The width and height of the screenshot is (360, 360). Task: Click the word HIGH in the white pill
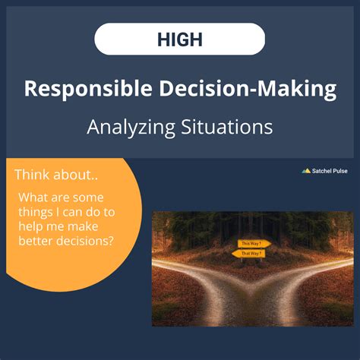(x=180, y=39)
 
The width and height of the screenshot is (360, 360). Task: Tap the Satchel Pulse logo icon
(x=306, y=171)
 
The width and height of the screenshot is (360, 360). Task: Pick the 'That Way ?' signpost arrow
(x=252, y=253)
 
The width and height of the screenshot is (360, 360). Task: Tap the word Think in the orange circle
(x=32, y=175)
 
